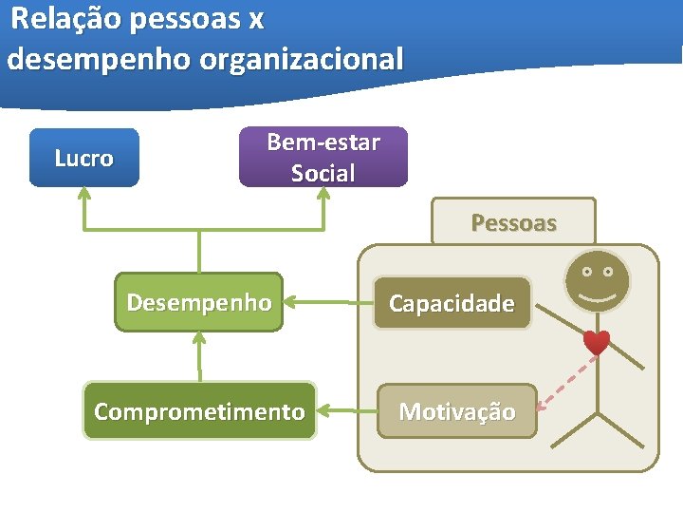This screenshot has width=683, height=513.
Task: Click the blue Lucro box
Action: coord(83,158)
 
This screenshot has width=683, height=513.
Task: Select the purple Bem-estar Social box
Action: coord(323,157)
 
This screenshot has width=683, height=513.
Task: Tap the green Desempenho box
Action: coord(198,303)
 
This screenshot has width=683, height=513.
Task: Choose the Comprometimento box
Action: coord(199,411)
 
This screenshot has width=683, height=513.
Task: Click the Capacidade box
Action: coord(452,303)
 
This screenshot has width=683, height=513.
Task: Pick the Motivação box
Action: coord(456,411)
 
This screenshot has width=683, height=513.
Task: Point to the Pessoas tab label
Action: coord(513,223)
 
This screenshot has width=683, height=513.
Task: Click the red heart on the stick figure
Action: coord(596,342)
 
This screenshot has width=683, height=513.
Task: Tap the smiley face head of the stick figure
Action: coord(596,278)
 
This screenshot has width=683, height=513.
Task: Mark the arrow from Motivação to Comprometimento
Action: coord(345,411)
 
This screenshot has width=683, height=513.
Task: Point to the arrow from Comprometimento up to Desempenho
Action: coord(199,356)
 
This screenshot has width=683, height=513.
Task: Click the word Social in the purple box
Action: coord(323,174)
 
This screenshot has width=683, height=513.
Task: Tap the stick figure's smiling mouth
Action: coord(596,294)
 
